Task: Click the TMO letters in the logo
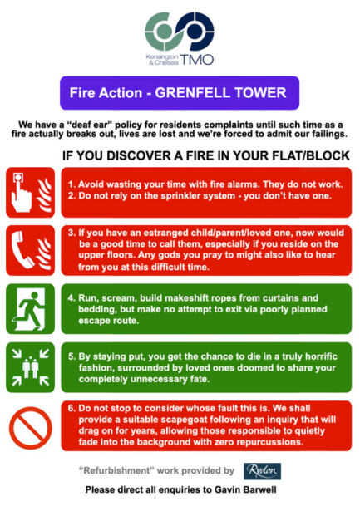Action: coord(196,59)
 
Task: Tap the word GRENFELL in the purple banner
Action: coord(192,93)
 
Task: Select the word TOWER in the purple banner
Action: coord(260,93)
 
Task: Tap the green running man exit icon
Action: coord(31,309)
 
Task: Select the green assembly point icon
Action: coord(31,367)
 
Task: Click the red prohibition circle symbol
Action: coord(31,428)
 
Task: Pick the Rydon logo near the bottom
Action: coord(262,471)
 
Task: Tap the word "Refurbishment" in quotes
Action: coord(115,470)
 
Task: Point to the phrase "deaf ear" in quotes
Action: coord(91,125)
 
